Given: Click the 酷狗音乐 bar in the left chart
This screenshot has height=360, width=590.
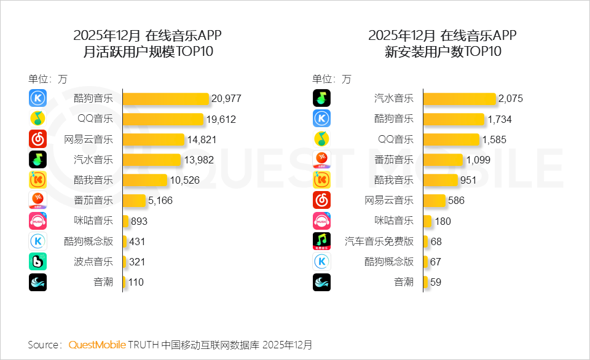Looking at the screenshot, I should coord(166,98).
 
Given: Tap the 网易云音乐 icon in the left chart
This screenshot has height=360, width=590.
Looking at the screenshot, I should coord(37,139).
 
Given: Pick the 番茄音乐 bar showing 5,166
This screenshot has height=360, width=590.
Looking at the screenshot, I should coord(134,200).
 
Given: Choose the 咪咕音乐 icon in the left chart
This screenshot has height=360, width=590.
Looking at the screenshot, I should coord(37,221).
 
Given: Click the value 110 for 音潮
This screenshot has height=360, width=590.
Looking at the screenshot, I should coord(136,283).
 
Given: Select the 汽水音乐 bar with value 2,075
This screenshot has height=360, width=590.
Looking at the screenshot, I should coord(459,98).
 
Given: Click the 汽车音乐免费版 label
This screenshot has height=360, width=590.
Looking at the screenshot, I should coord(379,241).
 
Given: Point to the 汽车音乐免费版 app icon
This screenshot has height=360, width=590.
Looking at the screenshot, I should coord(321,241).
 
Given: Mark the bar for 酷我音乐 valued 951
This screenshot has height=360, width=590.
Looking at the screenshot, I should coord(441,180).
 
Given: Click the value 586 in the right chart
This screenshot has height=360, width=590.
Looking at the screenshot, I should coord(456,200).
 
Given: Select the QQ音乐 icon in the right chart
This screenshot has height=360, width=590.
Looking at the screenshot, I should coord(321,139).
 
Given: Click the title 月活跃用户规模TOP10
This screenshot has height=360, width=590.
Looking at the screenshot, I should coord(147,52).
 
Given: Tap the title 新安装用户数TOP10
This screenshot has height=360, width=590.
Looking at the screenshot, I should coord(442,52).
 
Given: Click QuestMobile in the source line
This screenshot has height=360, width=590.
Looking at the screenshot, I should coord(97,345).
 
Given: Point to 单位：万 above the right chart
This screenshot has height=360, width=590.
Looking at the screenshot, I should coord(332,79).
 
